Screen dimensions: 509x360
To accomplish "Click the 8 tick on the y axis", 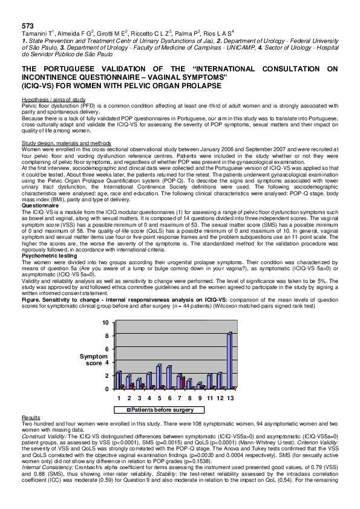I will tap(106, 336).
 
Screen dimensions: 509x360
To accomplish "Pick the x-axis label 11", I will tap(209, 398).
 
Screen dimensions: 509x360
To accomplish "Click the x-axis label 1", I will tap(120, 398).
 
